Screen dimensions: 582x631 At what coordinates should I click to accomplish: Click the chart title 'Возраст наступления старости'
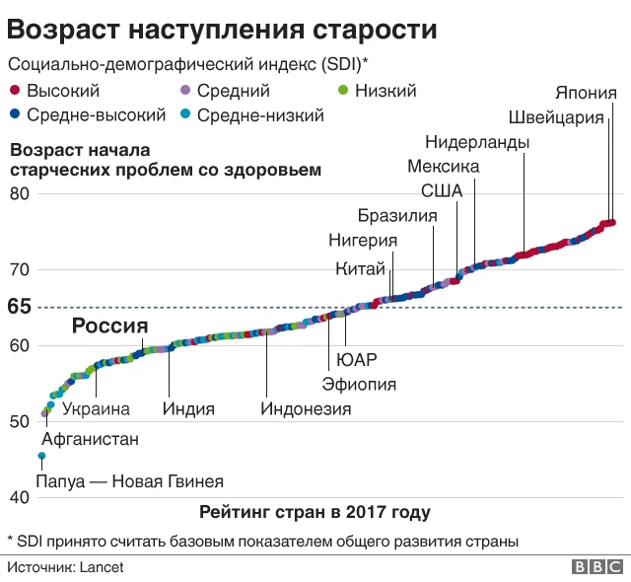[223, 28]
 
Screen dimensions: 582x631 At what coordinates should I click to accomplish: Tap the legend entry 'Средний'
[226, 92]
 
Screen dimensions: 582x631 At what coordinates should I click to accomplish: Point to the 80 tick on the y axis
[19, 193]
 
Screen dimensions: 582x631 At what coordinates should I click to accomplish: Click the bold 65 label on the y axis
[19, 307]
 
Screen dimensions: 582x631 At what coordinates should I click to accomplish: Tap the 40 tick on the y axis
[19, 497]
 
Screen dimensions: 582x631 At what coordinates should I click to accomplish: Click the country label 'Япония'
[586, 94]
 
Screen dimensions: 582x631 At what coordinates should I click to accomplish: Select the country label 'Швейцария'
[556, 118]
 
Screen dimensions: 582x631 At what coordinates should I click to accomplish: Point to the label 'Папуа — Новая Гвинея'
[129, 482]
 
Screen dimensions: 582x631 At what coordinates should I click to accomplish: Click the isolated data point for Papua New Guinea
[41, 456]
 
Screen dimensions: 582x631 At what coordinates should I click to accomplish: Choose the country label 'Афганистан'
[90, 439]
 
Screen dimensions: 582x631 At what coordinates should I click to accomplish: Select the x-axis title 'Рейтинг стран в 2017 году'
[315, 512]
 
